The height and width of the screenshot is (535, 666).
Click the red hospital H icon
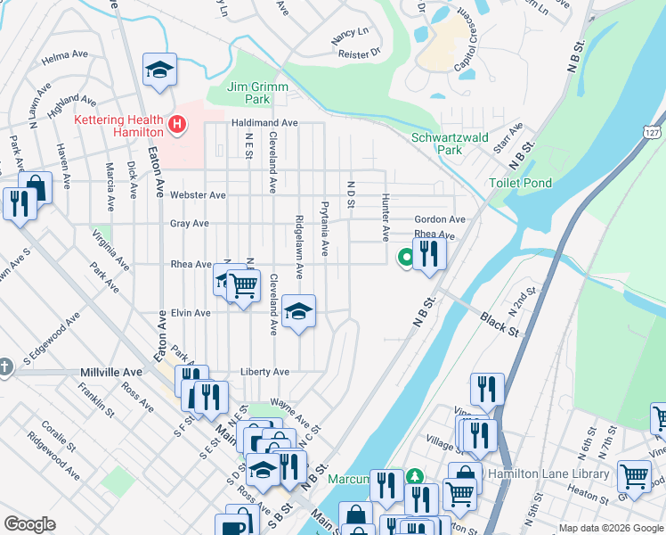[x=177, y=125]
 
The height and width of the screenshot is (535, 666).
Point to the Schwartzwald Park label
[x=450, y=144]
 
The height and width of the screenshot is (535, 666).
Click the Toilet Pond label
[x=521, y=183]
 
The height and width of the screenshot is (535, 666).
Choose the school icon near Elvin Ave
[x=299, y=311]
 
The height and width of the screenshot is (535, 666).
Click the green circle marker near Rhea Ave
[x=405, y=257]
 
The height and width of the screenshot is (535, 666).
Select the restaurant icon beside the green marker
[x=429, y=253]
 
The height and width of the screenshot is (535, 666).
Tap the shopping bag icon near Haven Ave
[x=35, y=187]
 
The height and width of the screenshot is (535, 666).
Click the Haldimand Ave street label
[x=264, y=122]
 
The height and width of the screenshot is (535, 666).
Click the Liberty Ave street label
[x=264, y=372]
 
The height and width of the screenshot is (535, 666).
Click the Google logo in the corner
[x=29, y=524]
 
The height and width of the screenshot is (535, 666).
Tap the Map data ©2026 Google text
[x=610, y=527]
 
